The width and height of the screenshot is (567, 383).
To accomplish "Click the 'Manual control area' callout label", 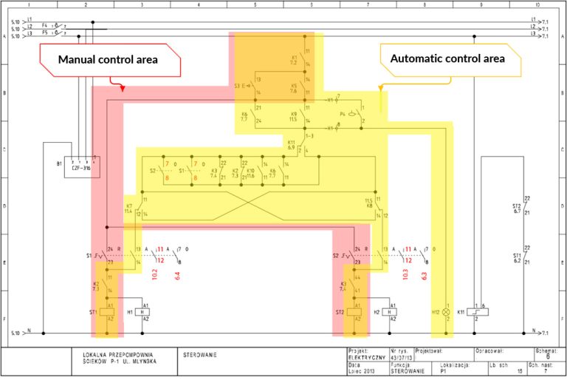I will tap(109, 60).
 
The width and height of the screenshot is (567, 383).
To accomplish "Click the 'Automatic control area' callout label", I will tap(447, 58).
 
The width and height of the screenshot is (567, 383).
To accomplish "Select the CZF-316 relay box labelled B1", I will tap(80, 164).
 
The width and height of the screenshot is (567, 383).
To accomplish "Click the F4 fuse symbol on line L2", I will tap(52, 27).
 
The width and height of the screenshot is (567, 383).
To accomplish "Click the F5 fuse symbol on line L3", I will tap(52, 33).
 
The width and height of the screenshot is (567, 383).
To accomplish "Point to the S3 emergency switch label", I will tap(239, 86).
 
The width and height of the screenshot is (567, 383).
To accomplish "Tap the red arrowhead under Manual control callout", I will tap(122, 88).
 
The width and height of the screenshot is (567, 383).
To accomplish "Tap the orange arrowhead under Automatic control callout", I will tap(381, 87).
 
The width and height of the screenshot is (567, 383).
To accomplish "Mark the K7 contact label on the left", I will tap(128, 208).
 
